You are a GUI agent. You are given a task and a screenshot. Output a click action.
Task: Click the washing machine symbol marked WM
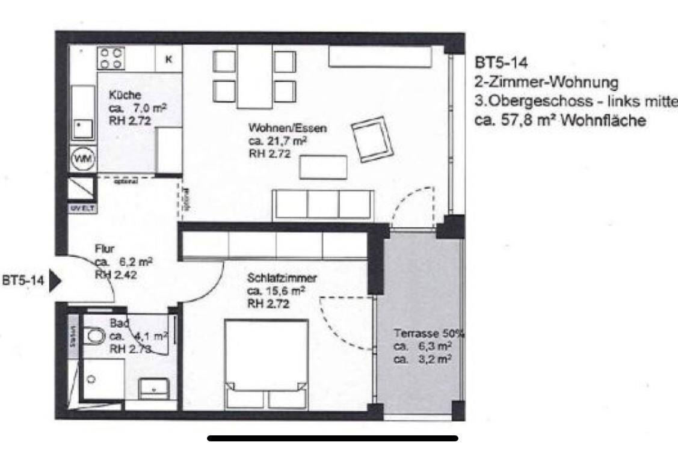(x=81, y=159)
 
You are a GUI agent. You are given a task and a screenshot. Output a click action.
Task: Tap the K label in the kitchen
(x=169, y=59)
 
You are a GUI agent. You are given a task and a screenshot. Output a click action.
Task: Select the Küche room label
(x=125, y=95)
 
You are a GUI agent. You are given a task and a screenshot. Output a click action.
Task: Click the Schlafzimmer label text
(x=282, y=278)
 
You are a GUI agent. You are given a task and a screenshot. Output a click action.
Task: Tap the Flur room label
(x=105, y=248)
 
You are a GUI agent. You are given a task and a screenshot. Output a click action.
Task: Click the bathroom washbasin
(x=155, y=386)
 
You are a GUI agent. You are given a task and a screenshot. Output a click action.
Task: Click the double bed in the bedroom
(x=267, y=364)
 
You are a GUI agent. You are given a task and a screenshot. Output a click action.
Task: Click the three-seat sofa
(x=323, y=204)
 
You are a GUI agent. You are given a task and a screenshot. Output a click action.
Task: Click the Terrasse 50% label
(x=428, y=333)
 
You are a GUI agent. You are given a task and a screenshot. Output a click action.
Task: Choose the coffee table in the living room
(x=323, y=167)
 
